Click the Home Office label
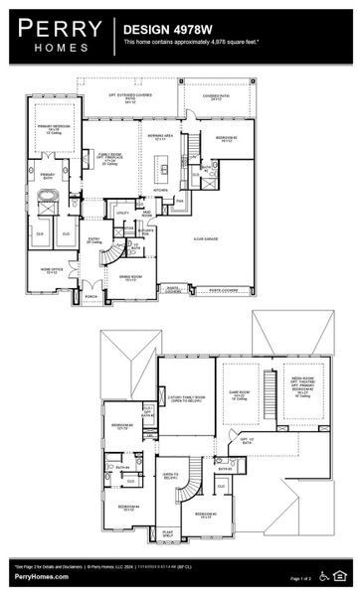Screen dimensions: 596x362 [53, 268]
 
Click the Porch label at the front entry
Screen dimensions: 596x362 [91, 295]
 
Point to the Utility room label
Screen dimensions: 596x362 [123, 213]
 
